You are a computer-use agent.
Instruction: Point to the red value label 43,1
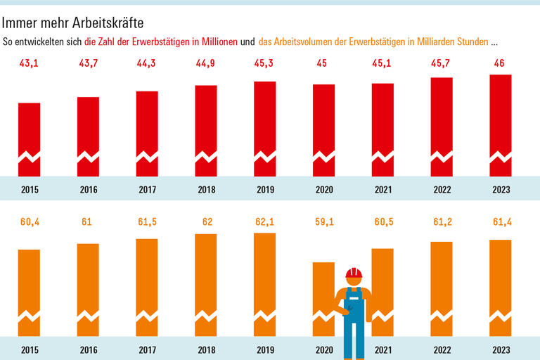[x=30, y=65]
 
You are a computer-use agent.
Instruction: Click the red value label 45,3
[x=265, y=65]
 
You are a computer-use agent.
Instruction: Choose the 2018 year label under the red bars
[x=206, y=189]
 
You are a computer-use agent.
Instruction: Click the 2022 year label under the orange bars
[x=442, y=349]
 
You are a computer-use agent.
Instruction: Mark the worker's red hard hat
[x=353, y=273]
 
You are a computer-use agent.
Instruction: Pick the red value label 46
[x=501, y=65]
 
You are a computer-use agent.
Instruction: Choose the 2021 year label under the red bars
[x=382, y=189]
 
